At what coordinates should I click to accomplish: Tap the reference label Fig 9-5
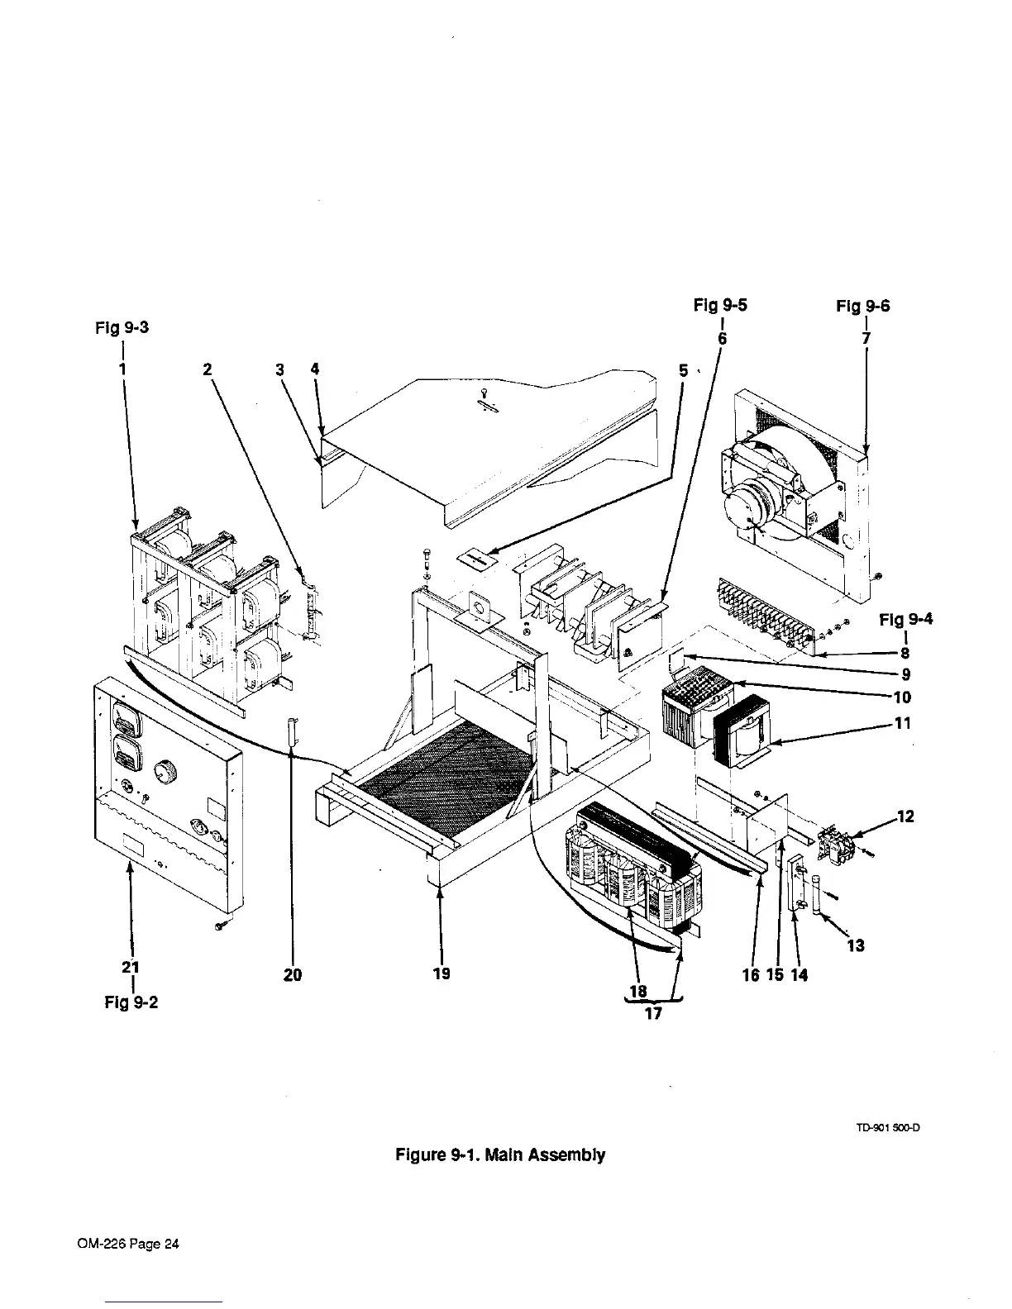(720, 306)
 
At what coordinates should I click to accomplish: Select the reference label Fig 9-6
(863, 307)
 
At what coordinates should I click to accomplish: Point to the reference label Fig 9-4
(906, 619)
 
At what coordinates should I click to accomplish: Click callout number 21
(131, 967)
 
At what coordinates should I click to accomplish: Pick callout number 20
(293, 975)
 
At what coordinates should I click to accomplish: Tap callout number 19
(442, 973)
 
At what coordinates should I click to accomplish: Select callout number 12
(905, 816)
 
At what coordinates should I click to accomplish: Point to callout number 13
(856, 945)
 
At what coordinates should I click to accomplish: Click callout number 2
(208, 370)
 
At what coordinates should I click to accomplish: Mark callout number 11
(903, 723)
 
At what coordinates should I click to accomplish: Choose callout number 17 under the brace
(653, 1014)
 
